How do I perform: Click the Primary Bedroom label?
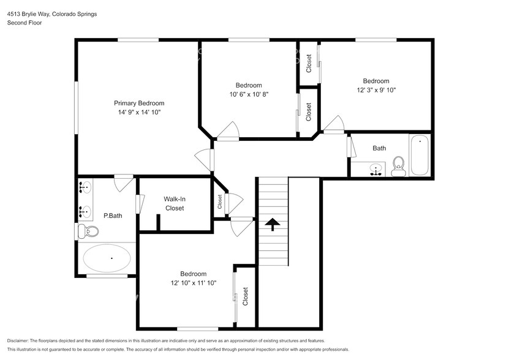click(x=139, y=103)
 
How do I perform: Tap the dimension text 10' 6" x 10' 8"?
click(x=249, y=94)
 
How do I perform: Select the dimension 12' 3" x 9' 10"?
click(x=375, y=90)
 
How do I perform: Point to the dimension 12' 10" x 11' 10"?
click(x=193, y=282)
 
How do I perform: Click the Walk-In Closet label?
click(x=173, y=203)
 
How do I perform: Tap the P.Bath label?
click(x=111, y=216)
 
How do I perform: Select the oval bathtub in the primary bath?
click(x=108, y=259)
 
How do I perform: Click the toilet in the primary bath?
click(x=88, y=231)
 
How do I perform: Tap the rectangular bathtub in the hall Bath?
click(x=420, y=154)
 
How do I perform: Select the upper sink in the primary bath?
click(x=86, y=187)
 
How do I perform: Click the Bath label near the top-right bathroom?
click(x=379, y=148)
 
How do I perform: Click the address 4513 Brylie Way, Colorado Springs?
click(x=51, y=13)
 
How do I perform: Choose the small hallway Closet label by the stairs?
click(x=219, y=201)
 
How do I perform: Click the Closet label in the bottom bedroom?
click(x=246, y=296)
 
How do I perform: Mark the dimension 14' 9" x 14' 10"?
click(x=139, y=112)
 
